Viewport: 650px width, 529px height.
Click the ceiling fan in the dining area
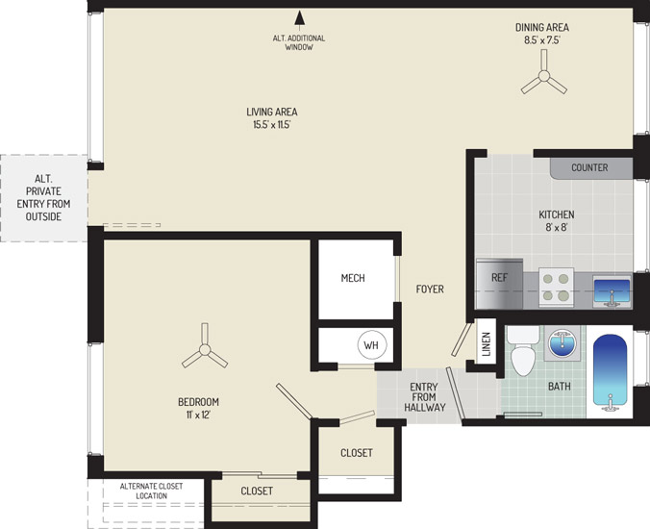point(544,76)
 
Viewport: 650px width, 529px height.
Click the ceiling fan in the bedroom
point(205,349)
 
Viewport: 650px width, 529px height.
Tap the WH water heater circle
point(372,344)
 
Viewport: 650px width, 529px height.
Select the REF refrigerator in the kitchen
point(499,284)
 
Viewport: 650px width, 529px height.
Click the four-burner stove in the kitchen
point(557,287)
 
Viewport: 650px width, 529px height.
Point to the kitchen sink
point(612,291)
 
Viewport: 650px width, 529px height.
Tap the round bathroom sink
point(562,342)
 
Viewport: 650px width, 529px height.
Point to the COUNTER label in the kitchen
point(589,167)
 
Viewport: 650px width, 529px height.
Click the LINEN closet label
point(487,344)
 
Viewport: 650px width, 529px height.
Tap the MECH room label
point(353,278)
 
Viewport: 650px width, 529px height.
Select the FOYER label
point(430,289)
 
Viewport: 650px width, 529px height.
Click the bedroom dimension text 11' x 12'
point(199,415)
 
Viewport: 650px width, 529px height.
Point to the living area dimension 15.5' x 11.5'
point(272,124)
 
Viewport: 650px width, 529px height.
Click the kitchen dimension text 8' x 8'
point(557,227)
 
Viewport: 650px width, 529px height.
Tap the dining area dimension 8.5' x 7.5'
point(542,40)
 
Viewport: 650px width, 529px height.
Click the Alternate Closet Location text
point(151,491)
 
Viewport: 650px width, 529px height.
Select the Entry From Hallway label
point(424,397)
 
